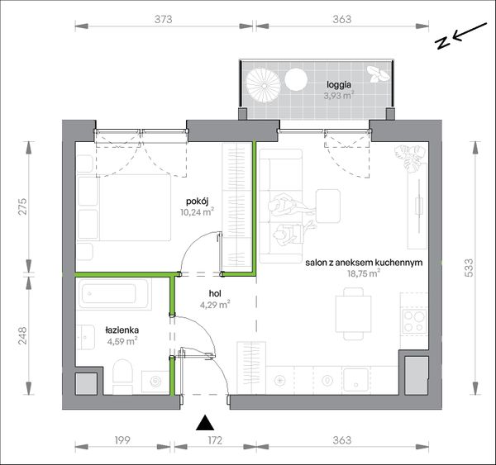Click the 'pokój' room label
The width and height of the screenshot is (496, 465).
197,202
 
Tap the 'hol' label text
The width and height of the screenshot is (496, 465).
215,294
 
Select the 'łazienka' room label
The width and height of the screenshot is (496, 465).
122,330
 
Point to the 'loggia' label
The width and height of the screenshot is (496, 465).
339,85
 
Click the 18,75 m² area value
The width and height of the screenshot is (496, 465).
364,273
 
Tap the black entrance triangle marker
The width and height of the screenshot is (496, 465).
205,423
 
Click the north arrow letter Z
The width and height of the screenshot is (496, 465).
442,42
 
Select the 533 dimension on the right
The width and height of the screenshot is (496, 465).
469,268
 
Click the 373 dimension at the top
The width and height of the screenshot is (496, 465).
164,19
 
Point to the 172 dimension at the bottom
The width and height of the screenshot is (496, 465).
215,440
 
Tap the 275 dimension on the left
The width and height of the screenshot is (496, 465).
22,206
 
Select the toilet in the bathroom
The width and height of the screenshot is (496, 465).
122,376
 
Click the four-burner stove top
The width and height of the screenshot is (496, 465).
414,321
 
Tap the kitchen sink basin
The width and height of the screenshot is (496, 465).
355,380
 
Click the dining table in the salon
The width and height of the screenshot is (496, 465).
353,314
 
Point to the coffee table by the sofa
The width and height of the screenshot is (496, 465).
328,206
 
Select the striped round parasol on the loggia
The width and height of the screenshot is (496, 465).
263,86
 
